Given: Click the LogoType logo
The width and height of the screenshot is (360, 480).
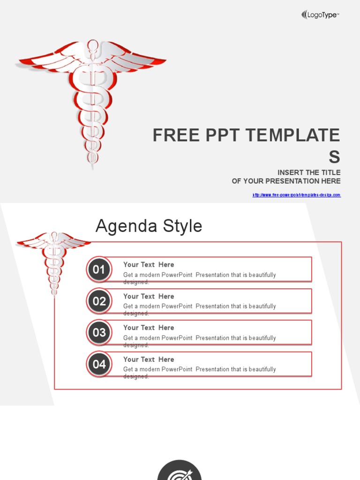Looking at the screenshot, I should tap(320, 15).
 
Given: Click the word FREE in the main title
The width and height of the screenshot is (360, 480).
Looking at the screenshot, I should tap(174, 135).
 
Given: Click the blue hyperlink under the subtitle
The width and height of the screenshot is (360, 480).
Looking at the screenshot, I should tap(296, 195).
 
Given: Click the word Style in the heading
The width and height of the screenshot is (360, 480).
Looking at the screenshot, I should tap(182, 226).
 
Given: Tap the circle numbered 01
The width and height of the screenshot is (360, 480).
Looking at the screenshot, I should tap(99, 270).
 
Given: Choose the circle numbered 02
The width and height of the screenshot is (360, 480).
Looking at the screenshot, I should tap(99, 301).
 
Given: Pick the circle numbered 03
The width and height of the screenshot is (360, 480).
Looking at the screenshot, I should tap(99, 333).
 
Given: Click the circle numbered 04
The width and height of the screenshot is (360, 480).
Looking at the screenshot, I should tap(99, 364).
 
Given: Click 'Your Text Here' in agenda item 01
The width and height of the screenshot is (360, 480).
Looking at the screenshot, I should tap(149, 265).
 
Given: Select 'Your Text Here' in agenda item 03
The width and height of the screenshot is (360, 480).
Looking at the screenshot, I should tap(149, 328).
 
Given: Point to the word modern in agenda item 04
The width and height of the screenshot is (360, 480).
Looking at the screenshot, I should tap(149, 369).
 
